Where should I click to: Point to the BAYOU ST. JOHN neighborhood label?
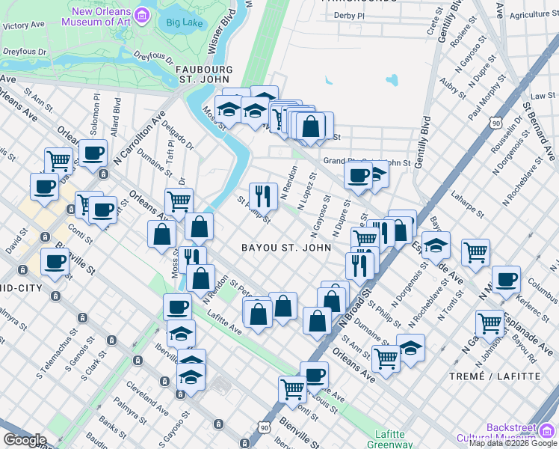(286, 248)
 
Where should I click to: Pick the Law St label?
(538, 97)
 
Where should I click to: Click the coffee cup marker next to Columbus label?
(506, 278)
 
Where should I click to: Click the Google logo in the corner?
(25, 440)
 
